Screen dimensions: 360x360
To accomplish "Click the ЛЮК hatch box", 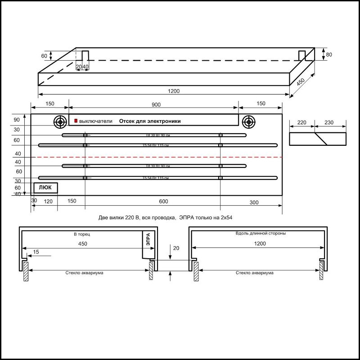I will point(45,187).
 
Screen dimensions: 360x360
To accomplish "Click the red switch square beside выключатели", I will point(76,121).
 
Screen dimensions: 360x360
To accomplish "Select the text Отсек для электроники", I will point(149,121).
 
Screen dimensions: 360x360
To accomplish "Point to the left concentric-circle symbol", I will point(60,121).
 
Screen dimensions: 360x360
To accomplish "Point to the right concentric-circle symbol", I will point(248,121).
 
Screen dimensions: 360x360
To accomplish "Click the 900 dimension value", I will point(156,104).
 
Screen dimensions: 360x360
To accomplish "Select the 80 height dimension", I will point(329,54).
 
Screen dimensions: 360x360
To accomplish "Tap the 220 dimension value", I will point(302,122).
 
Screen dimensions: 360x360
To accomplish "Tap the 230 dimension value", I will point(329,122).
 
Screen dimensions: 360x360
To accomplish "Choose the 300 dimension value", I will point(254,202).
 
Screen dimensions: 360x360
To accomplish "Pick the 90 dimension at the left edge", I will point(17,120).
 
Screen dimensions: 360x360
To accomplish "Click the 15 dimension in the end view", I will point(36,252).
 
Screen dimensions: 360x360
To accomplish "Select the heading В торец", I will point(82,234).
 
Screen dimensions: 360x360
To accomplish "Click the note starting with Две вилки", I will point(168,217).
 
